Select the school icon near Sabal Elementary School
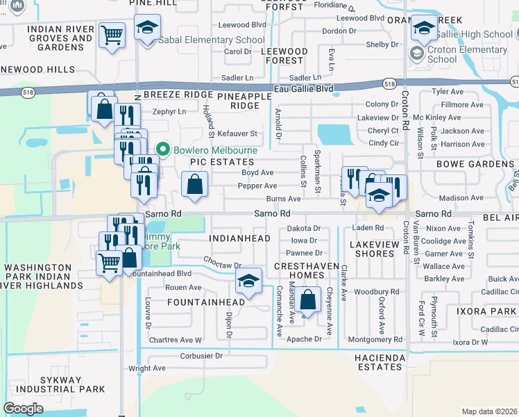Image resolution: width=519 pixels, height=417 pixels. (x=147, y=28)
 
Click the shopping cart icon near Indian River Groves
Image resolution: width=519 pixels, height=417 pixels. (x=112, y=35)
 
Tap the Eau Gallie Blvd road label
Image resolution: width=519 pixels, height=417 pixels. (x=304, y=89)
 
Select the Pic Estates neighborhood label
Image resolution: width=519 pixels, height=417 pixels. (x=219, y=161)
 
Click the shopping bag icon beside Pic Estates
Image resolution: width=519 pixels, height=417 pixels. (x=195, y=185)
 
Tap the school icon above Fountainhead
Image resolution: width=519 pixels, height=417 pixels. (x=248, y=281)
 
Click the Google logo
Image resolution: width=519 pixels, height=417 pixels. (x=24, y=409)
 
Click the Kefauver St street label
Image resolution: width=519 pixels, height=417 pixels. (x=237, y=133)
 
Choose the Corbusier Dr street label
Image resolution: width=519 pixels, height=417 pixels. (x=201, y=355)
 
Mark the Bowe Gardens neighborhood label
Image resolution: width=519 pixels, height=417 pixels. (x=473, y=164)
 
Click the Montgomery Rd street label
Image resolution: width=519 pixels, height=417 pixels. (x=375, y=339)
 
